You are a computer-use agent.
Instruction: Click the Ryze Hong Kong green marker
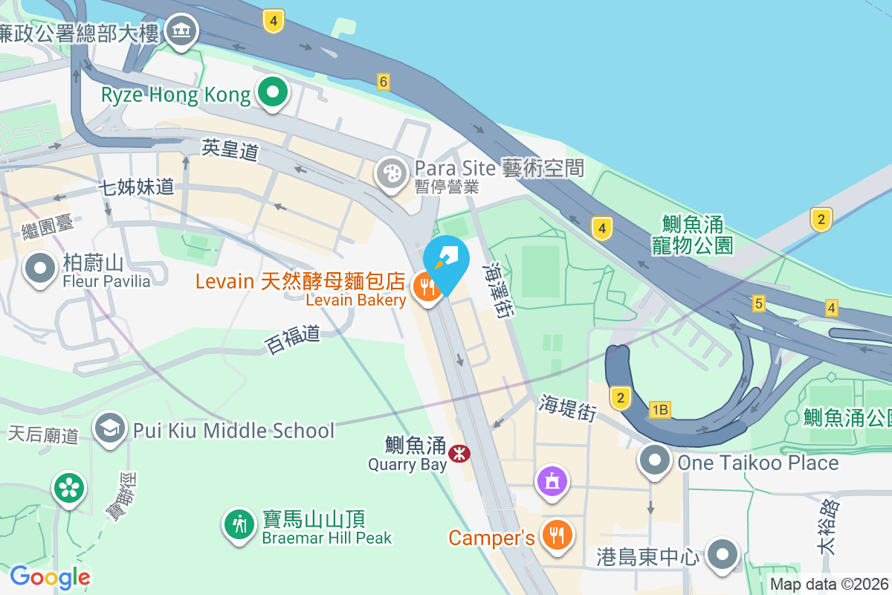point(273,94)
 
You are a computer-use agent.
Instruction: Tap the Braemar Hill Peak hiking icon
point(239,525)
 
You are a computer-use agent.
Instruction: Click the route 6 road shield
point(384,82)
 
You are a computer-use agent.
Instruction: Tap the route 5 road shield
point(758,303)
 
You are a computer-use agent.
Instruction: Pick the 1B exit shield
point(659,410)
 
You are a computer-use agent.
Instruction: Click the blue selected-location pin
point(447,260)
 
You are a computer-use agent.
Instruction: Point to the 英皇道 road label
point(230,150)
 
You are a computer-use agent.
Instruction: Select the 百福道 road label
point(293,339)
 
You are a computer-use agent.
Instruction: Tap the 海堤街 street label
point(568,408)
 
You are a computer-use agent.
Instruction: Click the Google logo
point(50,577)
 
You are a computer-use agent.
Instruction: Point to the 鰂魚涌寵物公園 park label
point(693,234)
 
